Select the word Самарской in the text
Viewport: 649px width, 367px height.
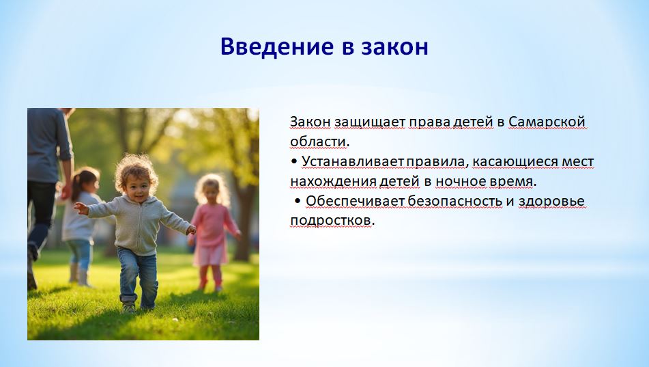547,122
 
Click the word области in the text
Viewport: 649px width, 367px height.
318,142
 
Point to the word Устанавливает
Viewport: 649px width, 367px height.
352,162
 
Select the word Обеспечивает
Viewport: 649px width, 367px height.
355,201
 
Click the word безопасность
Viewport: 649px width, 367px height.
455,201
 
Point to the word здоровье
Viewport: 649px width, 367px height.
551,202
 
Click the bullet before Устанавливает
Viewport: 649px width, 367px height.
294,162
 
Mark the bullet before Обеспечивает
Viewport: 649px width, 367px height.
298,202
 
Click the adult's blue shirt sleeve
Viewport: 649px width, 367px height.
63,135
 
